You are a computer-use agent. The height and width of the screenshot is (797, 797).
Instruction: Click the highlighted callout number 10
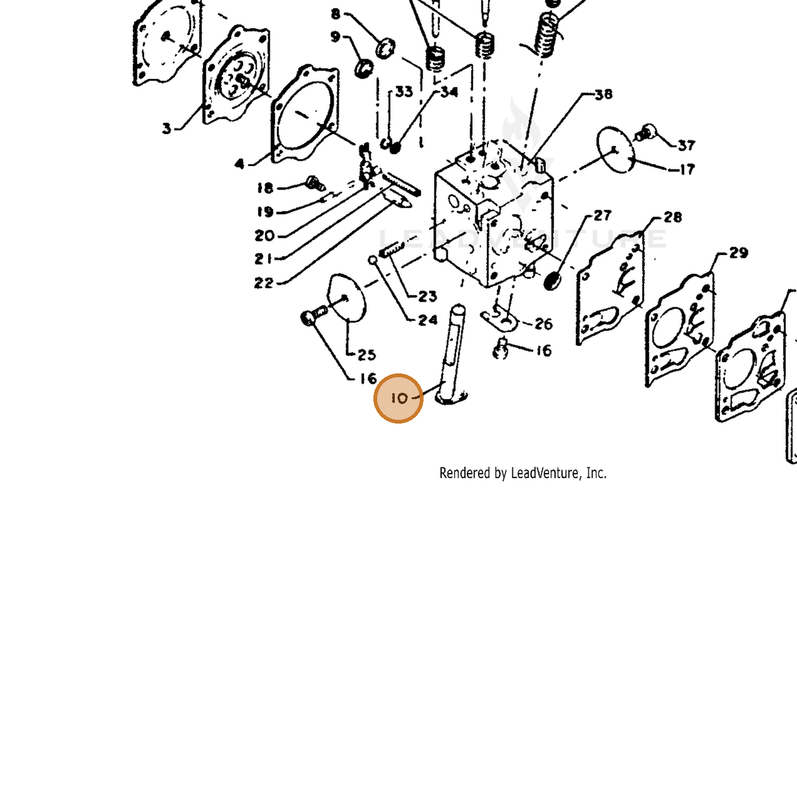click(399, 398)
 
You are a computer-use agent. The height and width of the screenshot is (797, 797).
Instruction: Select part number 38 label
click(604, 95)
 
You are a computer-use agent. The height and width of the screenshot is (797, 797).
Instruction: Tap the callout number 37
click(686, 145)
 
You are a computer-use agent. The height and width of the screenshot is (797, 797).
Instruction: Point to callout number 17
click(687, 169)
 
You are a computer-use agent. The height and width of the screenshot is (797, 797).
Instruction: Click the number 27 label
click(602, 215)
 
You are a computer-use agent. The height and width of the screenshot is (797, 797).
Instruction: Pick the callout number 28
click(673, 217)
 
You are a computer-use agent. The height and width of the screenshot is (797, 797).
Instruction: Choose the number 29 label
click(739, 252)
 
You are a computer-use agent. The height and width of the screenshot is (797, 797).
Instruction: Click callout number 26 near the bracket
click(543, 324)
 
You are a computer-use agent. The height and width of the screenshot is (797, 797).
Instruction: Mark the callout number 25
click(367, 355)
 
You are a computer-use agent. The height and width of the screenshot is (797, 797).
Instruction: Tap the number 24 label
click(428, 319)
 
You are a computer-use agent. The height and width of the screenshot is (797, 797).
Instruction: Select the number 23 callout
click(427, 296)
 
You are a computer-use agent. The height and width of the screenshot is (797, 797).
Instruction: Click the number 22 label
click(264, 283)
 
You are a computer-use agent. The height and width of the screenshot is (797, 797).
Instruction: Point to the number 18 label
click(265, 188)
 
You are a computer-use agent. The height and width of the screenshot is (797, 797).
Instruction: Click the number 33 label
click(404, 92)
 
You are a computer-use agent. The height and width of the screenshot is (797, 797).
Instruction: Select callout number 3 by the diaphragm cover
click(167, 129)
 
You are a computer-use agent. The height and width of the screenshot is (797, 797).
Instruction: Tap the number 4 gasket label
click(240, 164)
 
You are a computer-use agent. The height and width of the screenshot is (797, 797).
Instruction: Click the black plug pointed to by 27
click(552, 281)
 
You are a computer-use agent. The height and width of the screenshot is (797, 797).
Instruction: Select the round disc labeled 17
click(616, 149)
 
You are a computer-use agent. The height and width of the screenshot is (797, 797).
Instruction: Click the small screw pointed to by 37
click(644, 132)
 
